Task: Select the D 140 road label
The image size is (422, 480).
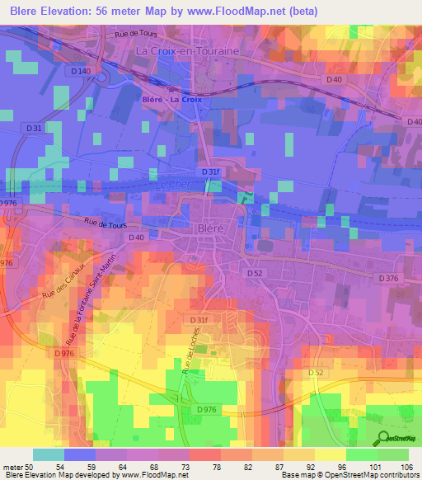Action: click(x=81, y=72)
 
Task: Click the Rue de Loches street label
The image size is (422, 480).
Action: click(x=191, y=361)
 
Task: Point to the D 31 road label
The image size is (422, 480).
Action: click(x=34, y=129)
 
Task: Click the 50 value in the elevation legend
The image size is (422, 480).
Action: click(x=35, y=466)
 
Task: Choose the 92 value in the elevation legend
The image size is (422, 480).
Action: click(x=312, y=466)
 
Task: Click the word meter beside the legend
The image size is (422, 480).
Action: click(x=12, y=466)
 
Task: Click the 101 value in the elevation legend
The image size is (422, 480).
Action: click(x=375, y=466)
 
